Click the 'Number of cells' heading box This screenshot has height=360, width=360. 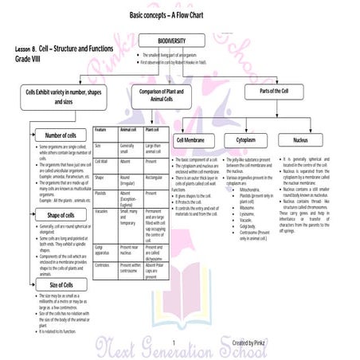coord(61,135)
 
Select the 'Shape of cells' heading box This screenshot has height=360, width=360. coord(61,215)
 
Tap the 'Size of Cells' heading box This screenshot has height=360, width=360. coord(61,284)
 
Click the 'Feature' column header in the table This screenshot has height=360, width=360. coord(101,129)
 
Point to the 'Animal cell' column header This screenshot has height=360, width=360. coord(129,129)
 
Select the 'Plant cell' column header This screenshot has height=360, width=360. coord(155,129)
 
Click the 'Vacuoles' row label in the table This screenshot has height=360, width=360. coord(102,212)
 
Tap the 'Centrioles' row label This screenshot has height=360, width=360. coord(103,264)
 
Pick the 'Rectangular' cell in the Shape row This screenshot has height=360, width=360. coord(157,178)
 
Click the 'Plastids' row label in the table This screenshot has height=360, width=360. coord(101,193)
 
